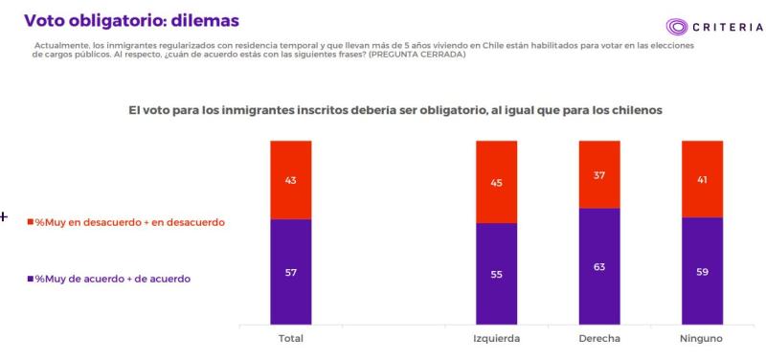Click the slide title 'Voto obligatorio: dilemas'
pyautogui.click(x=131, y=20)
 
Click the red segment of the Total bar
pyautogui.click(x=291, y=180)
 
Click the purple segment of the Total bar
pyautogui.click(x=291, y=272)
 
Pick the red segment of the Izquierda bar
pyautogui.click(x=496, y=182)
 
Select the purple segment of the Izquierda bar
pyautogui.click(x=496, y=274)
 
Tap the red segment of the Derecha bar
pyautogui.click(x=599, y=174)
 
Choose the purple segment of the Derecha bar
pyautogui.click(x=599, y=266)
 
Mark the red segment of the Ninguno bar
pyautogui.click(x=702, y=179)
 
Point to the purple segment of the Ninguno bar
pyautogui.click(x=702, y=271)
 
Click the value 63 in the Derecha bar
pyautogui.click(x=599, y=266)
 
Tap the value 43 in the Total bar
pyautogui.click(x=291, y=180)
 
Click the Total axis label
pyautogui.click(x=291, y=340)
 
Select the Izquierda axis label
pyautogui.click(x=496, y=340)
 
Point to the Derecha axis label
pyautogui.click(x=599, y=340)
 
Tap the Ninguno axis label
pyautogui.click(x=702, y=340)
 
